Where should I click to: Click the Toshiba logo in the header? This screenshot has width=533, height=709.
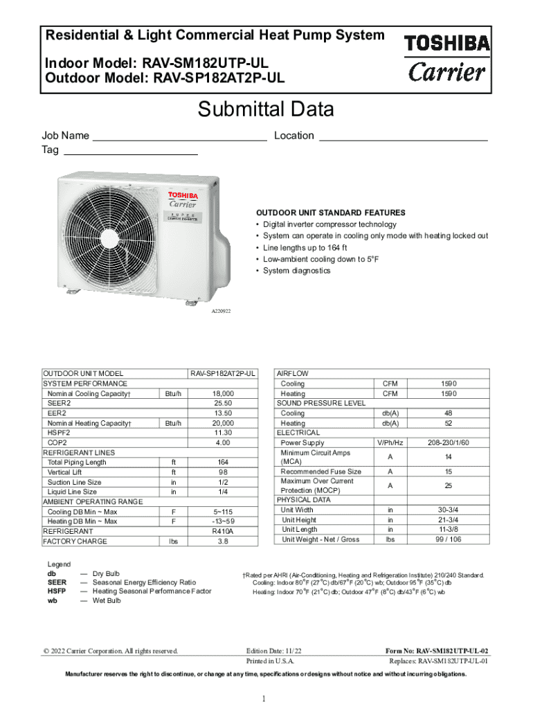click(x=446, y=44)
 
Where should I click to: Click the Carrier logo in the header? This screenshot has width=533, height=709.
click(x=446, y=71)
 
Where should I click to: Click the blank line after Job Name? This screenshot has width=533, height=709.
click(x=179, y=137)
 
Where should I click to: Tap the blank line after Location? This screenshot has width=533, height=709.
click(x=402, y=137)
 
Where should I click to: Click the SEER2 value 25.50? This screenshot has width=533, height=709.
click(x=222, y=403)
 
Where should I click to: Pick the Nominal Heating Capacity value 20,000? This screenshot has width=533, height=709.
click(x=222, y=423)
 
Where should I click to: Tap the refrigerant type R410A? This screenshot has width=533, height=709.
click(x=222, y=531)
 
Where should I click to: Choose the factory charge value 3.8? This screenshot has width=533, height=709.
click(x=222, y=541)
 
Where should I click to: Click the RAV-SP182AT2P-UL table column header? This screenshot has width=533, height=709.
click(x=222, y=373)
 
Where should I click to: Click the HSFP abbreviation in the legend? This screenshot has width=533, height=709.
click(x=57, y=591)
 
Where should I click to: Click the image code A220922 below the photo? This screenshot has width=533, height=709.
click(x=221, y=312)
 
